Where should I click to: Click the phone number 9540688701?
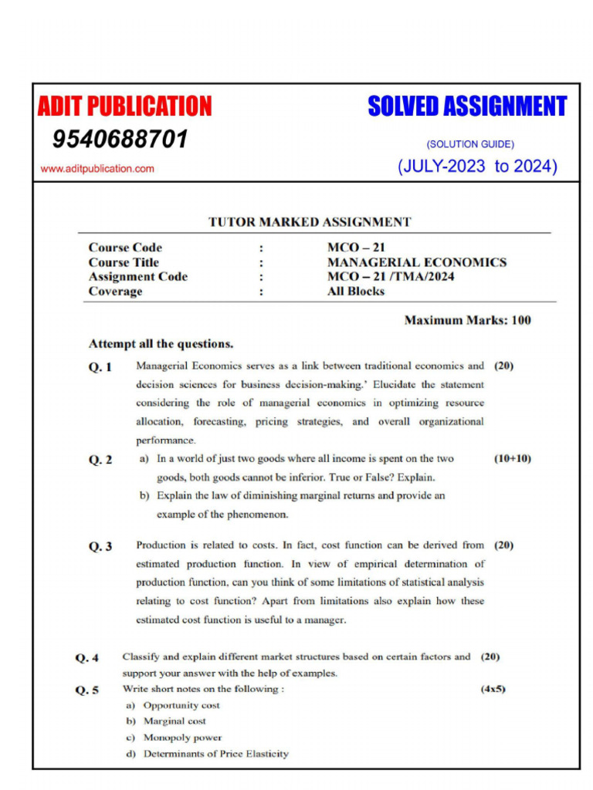click(120, 140)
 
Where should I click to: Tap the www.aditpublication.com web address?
click(97, 168)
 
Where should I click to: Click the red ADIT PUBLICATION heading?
click(124, 106)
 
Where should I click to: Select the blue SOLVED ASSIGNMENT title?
click(467, 106)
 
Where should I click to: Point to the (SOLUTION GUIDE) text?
click(469, 144)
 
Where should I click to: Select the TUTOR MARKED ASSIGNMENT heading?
click(310, 222)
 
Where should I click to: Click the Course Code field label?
click(125, 248)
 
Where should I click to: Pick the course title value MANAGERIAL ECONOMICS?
click(417, 262)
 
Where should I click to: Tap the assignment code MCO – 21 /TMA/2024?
click(391, 277)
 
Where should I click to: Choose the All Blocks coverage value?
click(356, 292)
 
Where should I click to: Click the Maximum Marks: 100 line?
click(467, 320)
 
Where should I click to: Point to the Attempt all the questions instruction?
click(161, 344)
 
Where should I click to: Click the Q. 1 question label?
click(100, 367)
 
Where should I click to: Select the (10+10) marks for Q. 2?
click(512, 459)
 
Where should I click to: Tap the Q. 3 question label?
click(100, 547)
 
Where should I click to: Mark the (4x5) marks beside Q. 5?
click(493, 689)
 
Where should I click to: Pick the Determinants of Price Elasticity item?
click(215, 754)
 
